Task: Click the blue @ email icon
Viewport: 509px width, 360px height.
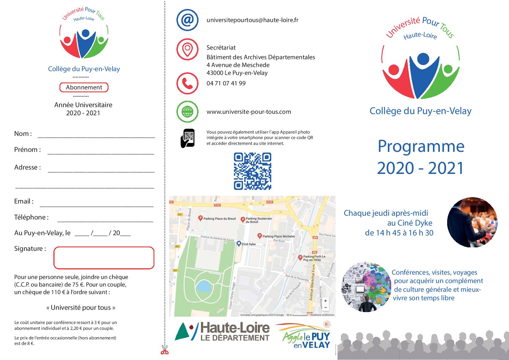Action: [187, 20]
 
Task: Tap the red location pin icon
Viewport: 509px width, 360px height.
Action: [187, 49]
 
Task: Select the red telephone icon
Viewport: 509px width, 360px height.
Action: [187, 83]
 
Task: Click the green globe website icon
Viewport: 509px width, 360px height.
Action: [187, 111]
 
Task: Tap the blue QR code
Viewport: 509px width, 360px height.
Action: [252, 171]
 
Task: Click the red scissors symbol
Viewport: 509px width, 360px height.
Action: [165, 350]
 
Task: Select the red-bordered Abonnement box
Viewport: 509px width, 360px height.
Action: [84, 87]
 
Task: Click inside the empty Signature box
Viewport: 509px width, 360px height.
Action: [104, 258]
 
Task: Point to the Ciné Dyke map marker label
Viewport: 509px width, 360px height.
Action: [249, 244]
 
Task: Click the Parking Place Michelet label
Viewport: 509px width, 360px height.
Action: [278, 236]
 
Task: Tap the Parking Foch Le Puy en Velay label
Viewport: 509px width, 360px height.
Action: [314, 258]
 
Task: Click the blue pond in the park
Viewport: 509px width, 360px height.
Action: [204, 287]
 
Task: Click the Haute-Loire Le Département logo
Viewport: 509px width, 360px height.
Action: [222, 332]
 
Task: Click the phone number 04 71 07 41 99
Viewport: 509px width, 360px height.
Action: [226, 83]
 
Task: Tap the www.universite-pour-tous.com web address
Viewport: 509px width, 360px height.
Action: [249, 112]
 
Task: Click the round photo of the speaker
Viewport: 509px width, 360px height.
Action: [472, 222]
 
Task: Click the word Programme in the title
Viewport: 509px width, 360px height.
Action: [421, 146]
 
